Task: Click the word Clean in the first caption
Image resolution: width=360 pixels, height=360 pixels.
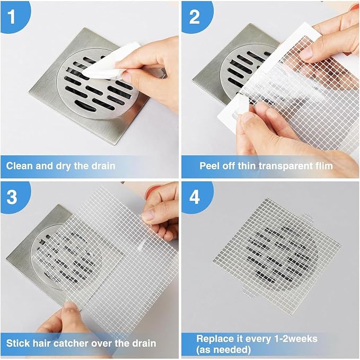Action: (19, 166)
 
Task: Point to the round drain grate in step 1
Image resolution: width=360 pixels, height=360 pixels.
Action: (98, 84)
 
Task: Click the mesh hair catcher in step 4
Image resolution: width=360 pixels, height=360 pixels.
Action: (277, 257)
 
